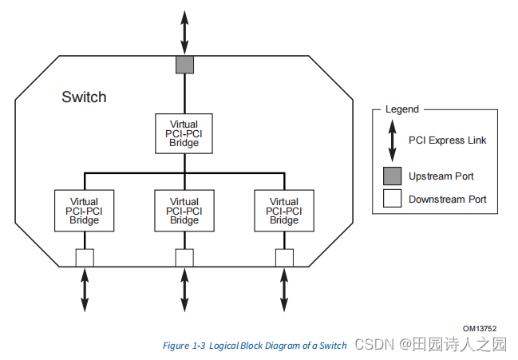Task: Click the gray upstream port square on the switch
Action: [x=184, y=65]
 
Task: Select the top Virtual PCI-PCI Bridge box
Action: [x=184, y=133]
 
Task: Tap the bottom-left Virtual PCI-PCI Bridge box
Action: [x=85, y=211]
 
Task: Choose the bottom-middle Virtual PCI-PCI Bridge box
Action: [x=184, y=211]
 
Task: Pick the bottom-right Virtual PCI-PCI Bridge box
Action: [x=284, y=211]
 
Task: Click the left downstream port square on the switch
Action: [x=85, y=257]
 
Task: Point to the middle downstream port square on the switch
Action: [x=184, y=257]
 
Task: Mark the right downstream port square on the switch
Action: [x=284, y=257]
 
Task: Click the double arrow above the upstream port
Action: [x=184, y=33]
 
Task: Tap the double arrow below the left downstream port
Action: [x=85, y=289]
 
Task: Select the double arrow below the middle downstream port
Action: [x=184, y=289]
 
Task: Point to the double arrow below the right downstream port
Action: [x=284, y=289]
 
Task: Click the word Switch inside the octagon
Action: [x=84, y=97]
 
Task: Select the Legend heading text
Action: [x=401, y=109]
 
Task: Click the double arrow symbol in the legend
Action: [x=392, y=140]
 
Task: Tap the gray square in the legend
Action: [x=392, y=176]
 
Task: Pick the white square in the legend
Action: [x=392, y=199]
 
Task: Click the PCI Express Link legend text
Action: [x=447, y=140]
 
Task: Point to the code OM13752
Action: [x=479, y=328]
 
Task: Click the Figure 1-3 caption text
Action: [x=255, y=346]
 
